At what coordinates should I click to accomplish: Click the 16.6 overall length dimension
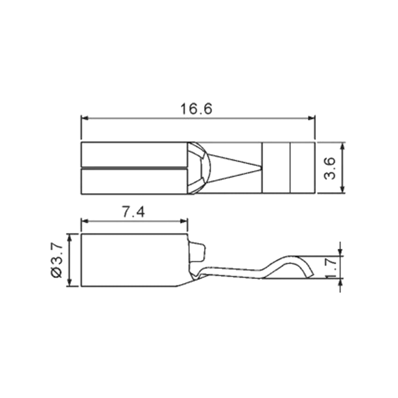coord(196,109)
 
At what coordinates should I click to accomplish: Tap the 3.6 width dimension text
coord(330,168)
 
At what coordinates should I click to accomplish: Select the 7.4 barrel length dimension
coord(133,212)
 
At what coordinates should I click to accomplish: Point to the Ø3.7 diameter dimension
coord(57,260)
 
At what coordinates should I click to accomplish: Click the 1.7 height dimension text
coord(331,267)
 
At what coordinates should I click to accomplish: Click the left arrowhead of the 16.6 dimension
coord(85,118)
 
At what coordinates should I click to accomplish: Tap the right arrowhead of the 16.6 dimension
coord(311,118)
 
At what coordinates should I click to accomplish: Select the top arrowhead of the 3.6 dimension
coord(342,146)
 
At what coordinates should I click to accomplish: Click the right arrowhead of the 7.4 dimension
coord(184,221)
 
